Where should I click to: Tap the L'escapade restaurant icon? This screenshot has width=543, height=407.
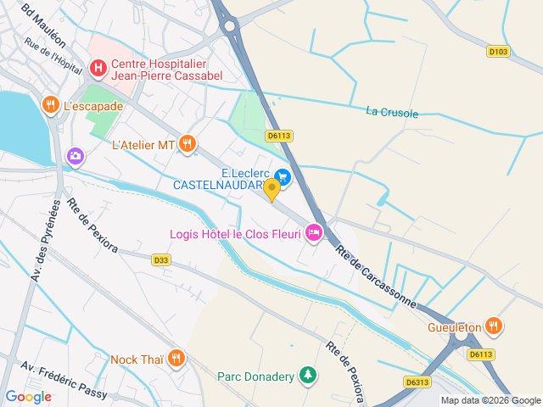[50, 104]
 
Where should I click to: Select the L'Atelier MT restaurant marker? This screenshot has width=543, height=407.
[188, 143]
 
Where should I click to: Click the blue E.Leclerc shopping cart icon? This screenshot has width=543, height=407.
[283, 176]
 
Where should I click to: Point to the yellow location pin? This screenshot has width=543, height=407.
[272, 189]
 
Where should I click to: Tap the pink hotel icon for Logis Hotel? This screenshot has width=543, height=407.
[314, 231]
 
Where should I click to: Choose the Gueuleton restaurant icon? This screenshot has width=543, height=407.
[494, 326]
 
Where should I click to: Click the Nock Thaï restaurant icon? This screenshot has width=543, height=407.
[176, 358]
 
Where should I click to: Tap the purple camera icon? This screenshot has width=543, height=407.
[75, 155]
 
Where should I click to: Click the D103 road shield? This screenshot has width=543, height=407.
[498, 52]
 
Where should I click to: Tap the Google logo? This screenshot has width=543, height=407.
[28, 396]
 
